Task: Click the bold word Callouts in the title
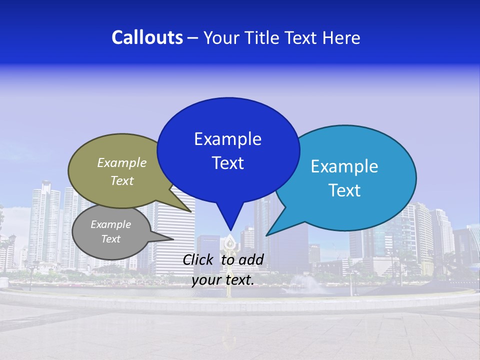(147, 37)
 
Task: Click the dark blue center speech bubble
(228, 120)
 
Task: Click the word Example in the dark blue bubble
(227, 139)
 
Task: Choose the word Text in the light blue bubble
(344, 190)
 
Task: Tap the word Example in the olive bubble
(122, 162)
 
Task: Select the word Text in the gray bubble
(110, 239)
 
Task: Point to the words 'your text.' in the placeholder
(223, 280)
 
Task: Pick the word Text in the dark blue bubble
(227, 163)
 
